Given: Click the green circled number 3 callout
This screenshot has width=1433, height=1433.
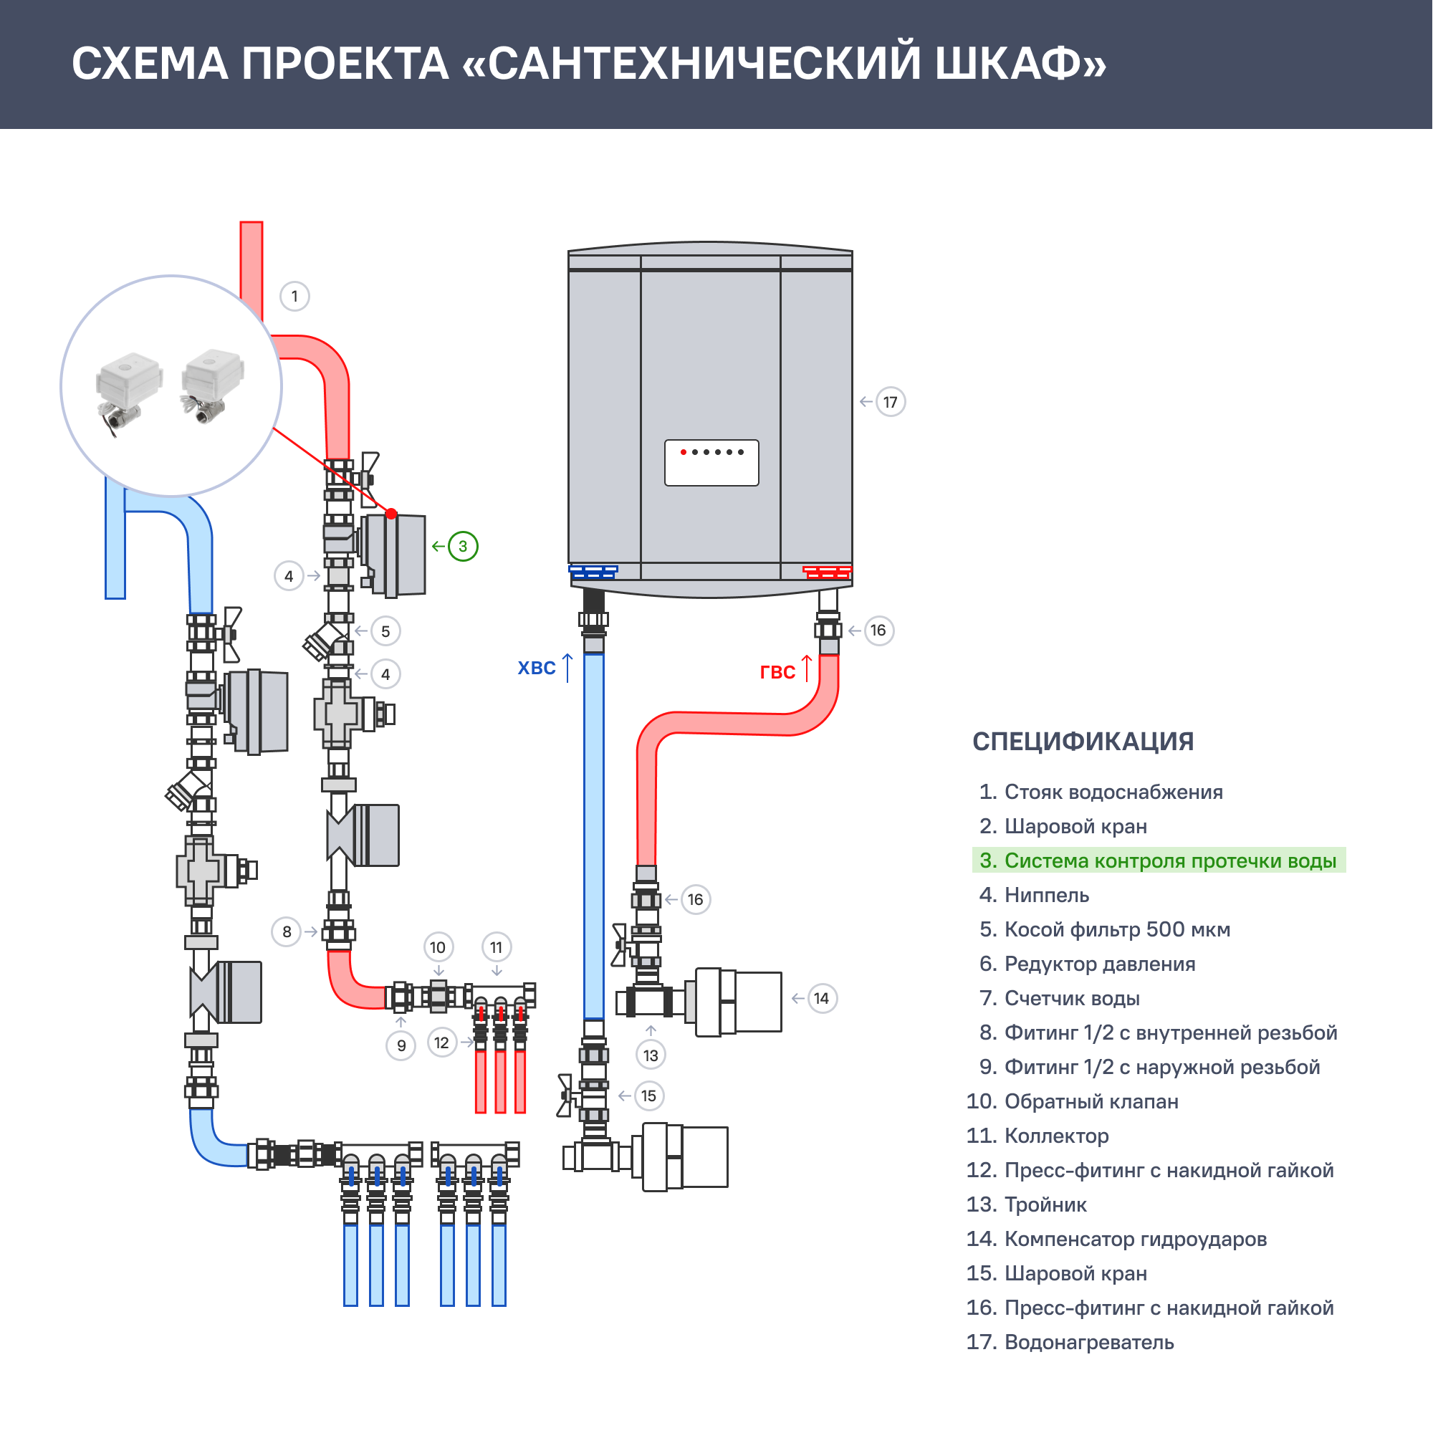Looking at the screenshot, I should [463, 547].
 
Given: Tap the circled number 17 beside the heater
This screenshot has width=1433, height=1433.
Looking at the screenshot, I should [890, 402].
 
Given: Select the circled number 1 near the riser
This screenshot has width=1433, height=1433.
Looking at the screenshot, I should [294, 296].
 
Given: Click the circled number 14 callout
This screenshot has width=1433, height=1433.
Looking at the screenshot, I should [821, 998].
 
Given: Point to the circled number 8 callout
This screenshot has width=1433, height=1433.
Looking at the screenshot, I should [287, 931].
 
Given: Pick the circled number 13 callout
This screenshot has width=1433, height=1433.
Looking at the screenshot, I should [651, 1055].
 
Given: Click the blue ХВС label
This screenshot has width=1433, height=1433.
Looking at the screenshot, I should [536, 668].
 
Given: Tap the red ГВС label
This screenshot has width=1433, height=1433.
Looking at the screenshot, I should [777, 672].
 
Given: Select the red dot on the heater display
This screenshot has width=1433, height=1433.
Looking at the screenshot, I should [683, 451].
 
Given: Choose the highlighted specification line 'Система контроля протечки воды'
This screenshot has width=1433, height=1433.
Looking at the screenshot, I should [1159, 861].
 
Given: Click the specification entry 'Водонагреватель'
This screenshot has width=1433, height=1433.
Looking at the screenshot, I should [1089, 1342].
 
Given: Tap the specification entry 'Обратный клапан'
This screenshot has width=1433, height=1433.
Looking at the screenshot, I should [1091, 1101].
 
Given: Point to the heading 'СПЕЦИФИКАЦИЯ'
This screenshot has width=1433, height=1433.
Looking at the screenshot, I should [1083, 741].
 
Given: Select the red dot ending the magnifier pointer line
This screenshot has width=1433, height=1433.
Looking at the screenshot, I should [392, 513].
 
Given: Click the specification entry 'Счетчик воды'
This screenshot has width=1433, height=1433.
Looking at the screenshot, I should [1072, 998].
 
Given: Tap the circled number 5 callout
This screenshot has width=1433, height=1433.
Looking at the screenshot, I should [385, 631].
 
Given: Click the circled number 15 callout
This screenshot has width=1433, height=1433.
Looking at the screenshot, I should [648, 1096].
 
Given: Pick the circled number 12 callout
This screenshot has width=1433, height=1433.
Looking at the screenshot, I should [441, 1043].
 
